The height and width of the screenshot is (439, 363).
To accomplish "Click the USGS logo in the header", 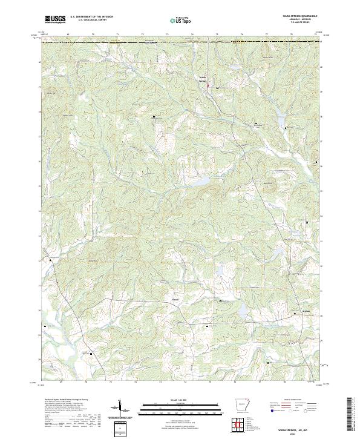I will [x=56, y=19].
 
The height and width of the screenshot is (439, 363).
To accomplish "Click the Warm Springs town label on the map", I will [x=203, y=79].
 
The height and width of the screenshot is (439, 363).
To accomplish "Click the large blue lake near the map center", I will [x=201, y=180].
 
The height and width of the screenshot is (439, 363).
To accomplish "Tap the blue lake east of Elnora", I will [x=241, y=311].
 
